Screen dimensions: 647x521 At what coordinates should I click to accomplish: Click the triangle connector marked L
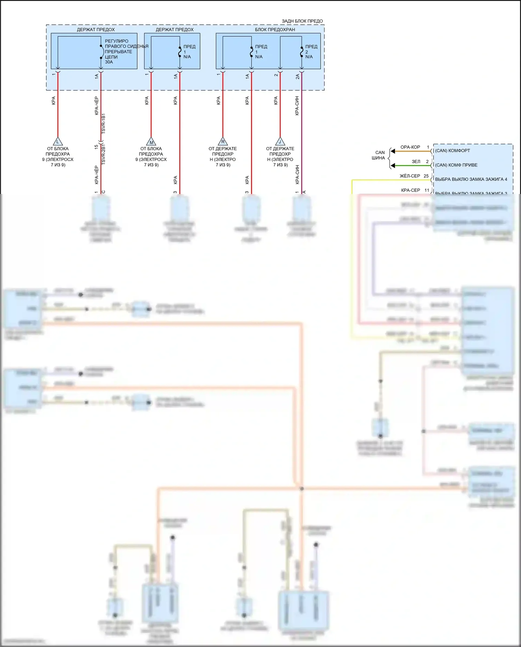[x=58, y=142]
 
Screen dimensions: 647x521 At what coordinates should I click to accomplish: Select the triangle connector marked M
[x=151, y=142]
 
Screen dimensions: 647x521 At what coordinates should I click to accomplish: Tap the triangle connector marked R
[x=223, y=141]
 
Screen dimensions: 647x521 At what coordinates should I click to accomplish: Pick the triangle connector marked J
[x=280, y=141]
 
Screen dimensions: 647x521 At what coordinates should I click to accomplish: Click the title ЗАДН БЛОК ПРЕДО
[x=302, y=21]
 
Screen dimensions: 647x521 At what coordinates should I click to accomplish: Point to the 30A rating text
[x=109, y=62]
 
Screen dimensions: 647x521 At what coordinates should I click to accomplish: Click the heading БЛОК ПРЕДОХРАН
[x=275, y=30]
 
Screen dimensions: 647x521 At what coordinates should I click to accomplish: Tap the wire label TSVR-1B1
[x=104, y=123]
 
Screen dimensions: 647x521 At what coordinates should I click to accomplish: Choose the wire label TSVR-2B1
[x=104, y=154]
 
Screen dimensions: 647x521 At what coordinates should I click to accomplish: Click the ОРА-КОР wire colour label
[x=410, y=147]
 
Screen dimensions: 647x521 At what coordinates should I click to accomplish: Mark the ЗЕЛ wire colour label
[x=416, y=162]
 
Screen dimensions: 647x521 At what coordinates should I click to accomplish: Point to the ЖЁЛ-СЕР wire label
[x=410, y=176]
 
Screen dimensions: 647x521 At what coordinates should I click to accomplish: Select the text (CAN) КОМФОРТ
[x=452, y=151]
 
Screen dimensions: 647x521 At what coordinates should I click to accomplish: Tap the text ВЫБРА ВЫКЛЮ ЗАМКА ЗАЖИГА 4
[x=471, y=179]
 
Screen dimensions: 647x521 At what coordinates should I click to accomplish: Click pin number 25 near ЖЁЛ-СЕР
[x=426, y=176]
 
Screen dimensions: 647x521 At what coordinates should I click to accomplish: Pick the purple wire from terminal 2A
[x=301, y=132]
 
